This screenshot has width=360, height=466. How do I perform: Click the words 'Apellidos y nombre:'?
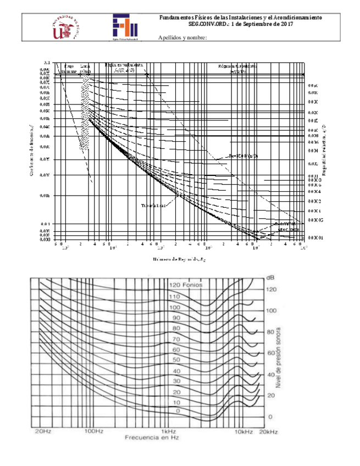pos(182,37)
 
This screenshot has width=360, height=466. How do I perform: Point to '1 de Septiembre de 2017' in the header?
pos(262,24)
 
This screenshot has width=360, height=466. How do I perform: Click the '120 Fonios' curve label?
pos(186,285)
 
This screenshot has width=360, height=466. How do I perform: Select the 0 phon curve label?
pos(177,411)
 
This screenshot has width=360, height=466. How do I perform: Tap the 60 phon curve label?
pos(176,349)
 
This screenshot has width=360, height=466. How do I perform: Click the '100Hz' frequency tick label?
pos(94,432)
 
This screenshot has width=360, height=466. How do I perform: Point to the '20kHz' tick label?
pos(268,432)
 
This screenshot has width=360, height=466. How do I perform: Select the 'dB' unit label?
pos(270,278)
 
